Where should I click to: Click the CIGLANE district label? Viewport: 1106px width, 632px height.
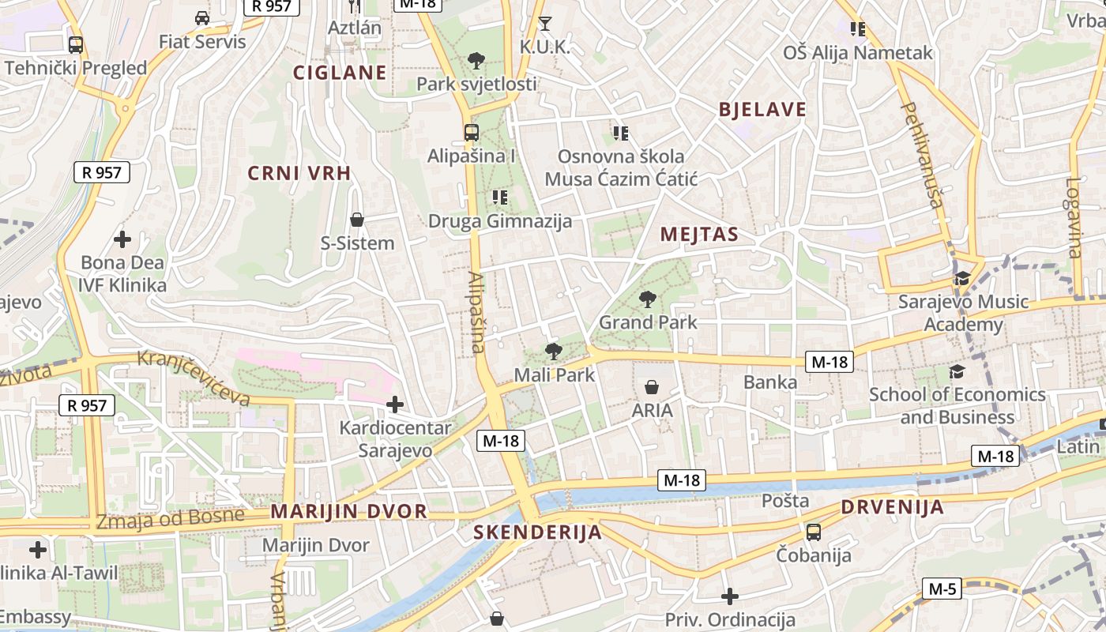click(x=340, y=73)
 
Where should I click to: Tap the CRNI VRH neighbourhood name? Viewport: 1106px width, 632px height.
click(x=299, y=173)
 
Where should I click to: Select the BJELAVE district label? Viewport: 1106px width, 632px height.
click(x=762, y=110)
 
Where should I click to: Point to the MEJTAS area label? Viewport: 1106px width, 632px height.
click(x=699, y=234)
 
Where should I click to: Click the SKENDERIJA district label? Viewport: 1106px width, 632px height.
click(x=538, y=532)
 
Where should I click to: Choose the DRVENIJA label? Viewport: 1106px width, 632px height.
click(x=892, y=507)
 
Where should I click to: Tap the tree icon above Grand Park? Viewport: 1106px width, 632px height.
click(x=648, y=299)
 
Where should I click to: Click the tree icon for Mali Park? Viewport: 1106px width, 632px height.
click(x=554, y=352)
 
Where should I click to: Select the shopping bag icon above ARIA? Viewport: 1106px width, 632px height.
click(x=652, y=387)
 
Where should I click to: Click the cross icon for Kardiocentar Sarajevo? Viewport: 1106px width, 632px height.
click(x=394, y=405)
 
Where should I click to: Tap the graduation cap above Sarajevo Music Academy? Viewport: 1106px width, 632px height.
click(x=962, y=278)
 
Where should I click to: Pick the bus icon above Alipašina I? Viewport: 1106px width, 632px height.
click(x=472, y=132)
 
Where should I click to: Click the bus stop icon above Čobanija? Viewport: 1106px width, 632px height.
click(x=814, y=532)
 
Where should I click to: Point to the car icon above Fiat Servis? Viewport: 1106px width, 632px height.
click(x=202, y=17)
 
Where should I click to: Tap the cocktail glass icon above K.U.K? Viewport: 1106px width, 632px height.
click(x=544, y=23)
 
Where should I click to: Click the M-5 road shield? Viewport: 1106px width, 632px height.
click(x=942, y=589)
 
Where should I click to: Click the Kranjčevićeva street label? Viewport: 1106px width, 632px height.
click(x=194, y=378)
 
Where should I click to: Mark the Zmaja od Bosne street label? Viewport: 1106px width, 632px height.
click(x=170, y=519)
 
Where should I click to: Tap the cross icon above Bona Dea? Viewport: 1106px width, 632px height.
click(x=122, y=239)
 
